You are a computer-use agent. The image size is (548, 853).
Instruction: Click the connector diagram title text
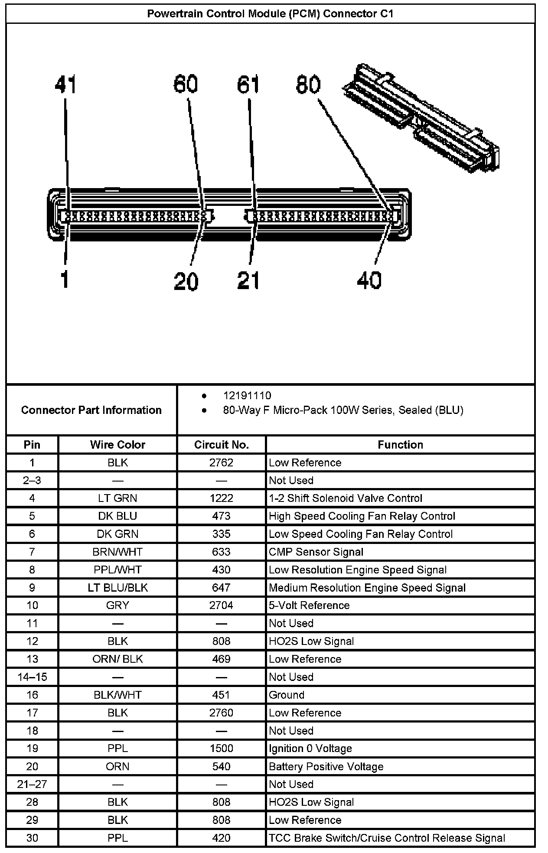pyautogui.click(x=270, y=13)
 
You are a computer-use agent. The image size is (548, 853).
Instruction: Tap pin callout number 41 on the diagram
pyautogui.click(x=65, y=85)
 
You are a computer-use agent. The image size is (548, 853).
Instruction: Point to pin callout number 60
pyautogui.click(x=186, y=84)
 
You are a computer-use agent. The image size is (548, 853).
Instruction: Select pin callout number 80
pyautogui.click(x=308, y=85)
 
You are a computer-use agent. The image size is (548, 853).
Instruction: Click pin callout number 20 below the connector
pyautogui.click(x=186, y=282)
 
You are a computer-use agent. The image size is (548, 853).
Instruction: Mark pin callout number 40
pyautogui.click(x=369, y=280)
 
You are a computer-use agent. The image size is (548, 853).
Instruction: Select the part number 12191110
pyautogui.click(x=247, y=396)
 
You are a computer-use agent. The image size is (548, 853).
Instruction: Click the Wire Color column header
pyautogui.click(x=117, y=445)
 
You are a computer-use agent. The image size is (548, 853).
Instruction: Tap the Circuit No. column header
pyautogui.click(x=221, y=445)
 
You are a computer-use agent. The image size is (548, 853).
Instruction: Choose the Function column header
pyautogui.click(x=400, y=445)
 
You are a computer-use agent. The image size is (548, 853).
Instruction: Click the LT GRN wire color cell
pyautogui.click(x=117, y=498)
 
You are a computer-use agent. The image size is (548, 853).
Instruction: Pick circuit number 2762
pyautogui.click(x=221, y=463)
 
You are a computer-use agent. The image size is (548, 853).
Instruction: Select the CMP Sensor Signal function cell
pyautogui.click(x=316, y=552)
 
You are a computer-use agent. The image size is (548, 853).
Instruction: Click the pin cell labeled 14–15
pyautogui.click(x=32, y=677)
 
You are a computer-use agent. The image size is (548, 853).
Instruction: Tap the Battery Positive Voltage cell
pyautogui.click(x=326, y=767)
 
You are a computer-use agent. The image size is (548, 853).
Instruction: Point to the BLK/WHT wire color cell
pyautogui.click(x=117, y=695)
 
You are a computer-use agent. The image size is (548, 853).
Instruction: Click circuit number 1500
pyautogui.click(x=221, y=749)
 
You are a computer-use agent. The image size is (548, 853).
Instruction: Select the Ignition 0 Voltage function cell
pyautogui.click(x=310, y=749)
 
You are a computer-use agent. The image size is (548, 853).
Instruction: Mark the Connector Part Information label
pyautogui.click(x=91, y=410)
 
